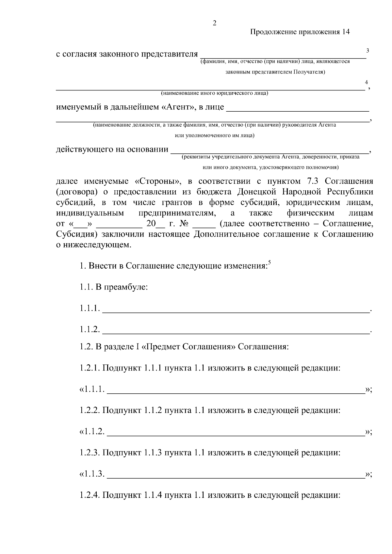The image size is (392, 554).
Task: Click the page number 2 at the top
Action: [214, 23]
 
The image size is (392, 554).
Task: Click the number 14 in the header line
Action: [346, 32]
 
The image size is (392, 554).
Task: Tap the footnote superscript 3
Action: [367, 51]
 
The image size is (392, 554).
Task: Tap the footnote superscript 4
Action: [366, 82]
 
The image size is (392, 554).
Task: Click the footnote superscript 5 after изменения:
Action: [269, 262]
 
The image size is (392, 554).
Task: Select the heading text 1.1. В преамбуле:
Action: [114, 287]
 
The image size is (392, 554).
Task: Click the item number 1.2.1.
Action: [90, 368]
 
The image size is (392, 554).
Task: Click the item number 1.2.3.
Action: [90, 453]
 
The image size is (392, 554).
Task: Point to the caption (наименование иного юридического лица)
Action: [215, 94]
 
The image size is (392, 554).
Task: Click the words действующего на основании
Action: [112, 150]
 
